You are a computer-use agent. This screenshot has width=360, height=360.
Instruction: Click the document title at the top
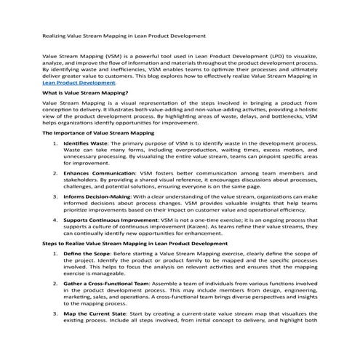point(123,35)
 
